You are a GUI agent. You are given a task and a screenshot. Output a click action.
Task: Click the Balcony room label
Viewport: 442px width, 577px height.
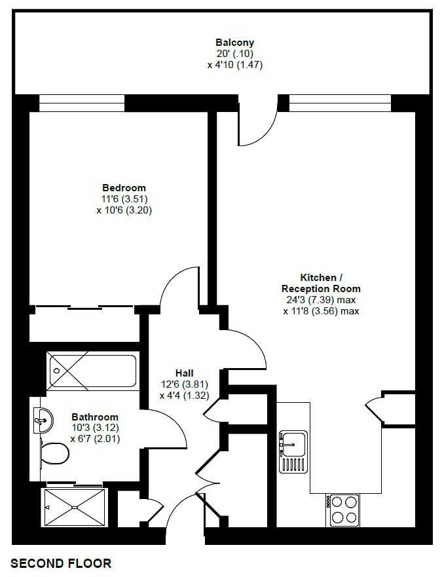[235, 42]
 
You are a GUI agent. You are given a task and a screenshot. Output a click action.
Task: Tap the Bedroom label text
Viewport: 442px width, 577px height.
[124, 188]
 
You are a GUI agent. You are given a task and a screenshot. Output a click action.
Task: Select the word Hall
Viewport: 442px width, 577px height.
[185, 373]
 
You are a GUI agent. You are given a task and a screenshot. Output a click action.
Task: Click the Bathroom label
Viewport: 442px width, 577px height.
[95, 417]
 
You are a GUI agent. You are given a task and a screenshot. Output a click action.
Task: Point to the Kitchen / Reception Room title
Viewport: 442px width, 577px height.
[321, 283]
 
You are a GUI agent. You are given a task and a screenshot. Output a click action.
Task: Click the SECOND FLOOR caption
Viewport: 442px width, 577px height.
[61, 563]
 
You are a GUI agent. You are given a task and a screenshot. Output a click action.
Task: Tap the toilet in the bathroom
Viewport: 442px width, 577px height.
[54, 453]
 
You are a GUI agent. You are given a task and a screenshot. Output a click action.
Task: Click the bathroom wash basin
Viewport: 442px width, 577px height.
[43, 420]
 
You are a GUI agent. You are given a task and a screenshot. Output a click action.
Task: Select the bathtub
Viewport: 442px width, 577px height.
[92, 371]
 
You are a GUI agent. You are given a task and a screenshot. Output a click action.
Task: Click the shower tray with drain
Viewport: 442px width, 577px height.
[75, 508]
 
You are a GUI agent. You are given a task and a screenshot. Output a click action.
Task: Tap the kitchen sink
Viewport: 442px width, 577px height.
[293, 451]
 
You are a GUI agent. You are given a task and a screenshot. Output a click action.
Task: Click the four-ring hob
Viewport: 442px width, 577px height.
[342, 510]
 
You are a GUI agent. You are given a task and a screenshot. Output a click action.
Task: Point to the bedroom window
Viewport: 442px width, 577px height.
[82, 103]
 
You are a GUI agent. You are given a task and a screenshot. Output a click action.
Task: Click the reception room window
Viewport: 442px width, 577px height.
[340, 103]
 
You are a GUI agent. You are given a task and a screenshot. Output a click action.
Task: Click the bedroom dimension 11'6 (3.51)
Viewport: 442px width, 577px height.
[124, 199]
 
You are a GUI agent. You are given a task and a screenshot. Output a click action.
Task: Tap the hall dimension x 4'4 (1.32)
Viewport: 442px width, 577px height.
[185, 396]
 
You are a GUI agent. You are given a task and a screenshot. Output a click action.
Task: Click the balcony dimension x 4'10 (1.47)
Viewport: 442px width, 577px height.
[235, 65]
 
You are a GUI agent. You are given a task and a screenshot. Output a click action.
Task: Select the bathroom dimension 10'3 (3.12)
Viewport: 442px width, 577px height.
[96, 428]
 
